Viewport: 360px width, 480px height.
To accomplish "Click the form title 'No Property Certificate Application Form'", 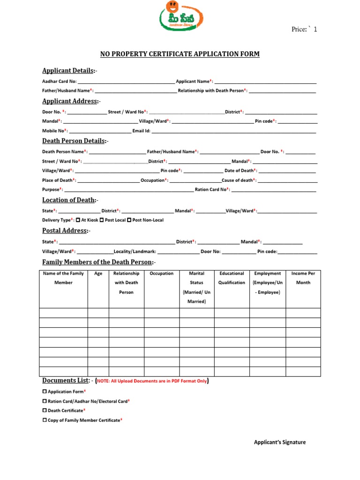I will pos(180,54).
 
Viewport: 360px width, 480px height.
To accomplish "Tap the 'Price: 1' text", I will pos(304,30).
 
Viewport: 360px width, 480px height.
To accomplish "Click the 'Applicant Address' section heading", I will pos(70,101).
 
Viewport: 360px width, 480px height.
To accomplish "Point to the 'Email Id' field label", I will pos(141,131).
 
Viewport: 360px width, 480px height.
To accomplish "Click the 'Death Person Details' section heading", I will pos(74,141).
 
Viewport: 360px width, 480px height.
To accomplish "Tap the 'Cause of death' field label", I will pos(238,180).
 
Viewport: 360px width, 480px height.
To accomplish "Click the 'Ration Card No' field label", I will pos(211,190).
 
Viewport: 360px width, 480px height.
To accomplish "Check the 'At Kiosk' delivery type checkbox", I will pos(78,220).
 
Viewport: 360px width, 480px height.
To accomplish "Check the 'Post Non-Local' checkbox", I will pos(129,220).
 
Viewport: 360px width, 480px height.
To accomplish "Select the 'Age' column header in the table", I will pos(98,274).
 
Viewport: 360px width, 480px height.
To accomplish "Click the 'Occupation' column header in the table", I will pos(161,274).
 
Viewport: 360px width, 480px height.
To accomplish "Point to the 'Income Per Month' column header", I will pos(303,278).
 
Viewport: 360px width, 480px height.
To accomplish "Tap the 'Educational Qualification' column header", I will pos(232,278).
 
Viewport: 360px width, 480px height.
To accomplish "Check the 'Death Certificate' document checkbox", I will pos(45,411).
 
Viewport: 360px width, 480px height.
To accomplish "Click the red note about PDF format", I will pos(152,382).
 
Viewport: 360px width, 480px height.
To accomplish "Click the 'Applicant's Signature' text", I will pos(279,442).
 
